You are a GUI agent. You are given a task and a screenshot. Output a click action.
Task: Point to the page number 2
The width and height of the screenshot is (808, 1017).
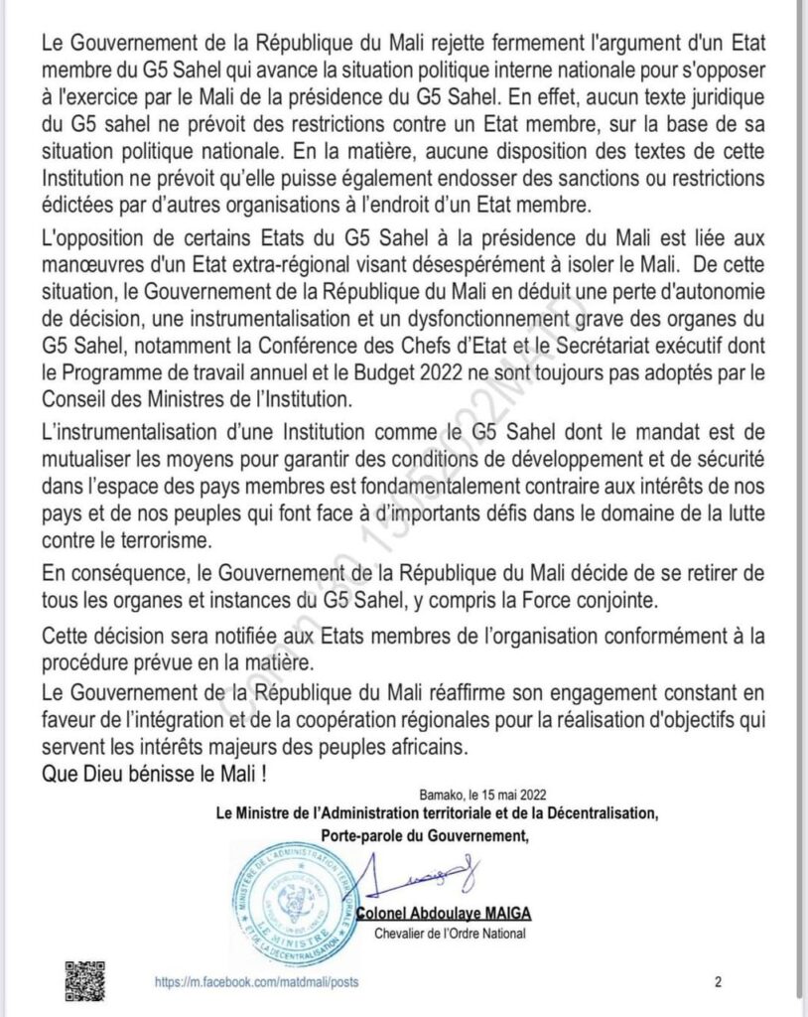[x=718, y=982]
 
